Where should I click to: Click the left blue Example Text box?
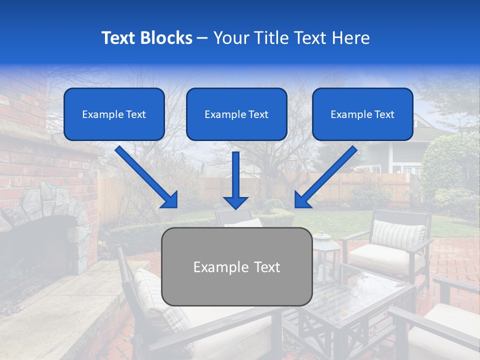tap(114, 114)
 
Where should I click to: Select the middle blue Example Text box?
tap(236, 114)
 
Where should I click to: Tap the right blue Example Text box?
tap(362, 114)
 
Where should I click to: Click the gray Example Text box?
tap(236, 266)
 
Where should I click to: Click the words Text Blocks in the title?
tap(146, 38)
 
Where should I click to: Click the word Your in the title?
tap(229, 38)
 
